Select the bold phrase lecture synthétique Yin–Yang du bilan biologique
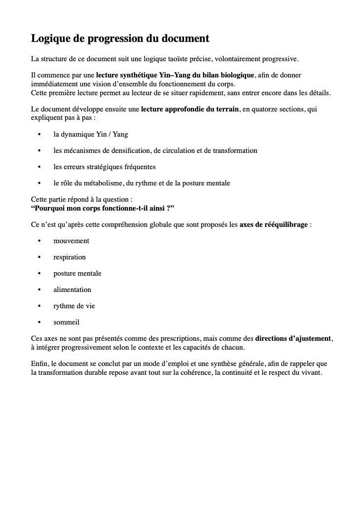[175, 75]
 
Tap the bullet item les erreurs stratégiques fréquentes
[105, 167]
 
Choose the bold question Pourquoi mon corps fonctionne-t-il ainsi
[103, 208]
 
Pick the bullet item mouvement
[72, 241]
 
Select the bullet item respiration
[70, 257]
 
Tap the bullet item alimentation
[72, 290]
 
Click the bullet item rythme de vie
[74, 306]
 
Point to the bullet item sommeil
[67, 323]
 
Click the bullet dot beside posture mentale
[39, 274]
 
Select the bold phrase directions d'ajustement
[293, 339]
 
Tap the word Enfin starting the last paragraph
[39, 364]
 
